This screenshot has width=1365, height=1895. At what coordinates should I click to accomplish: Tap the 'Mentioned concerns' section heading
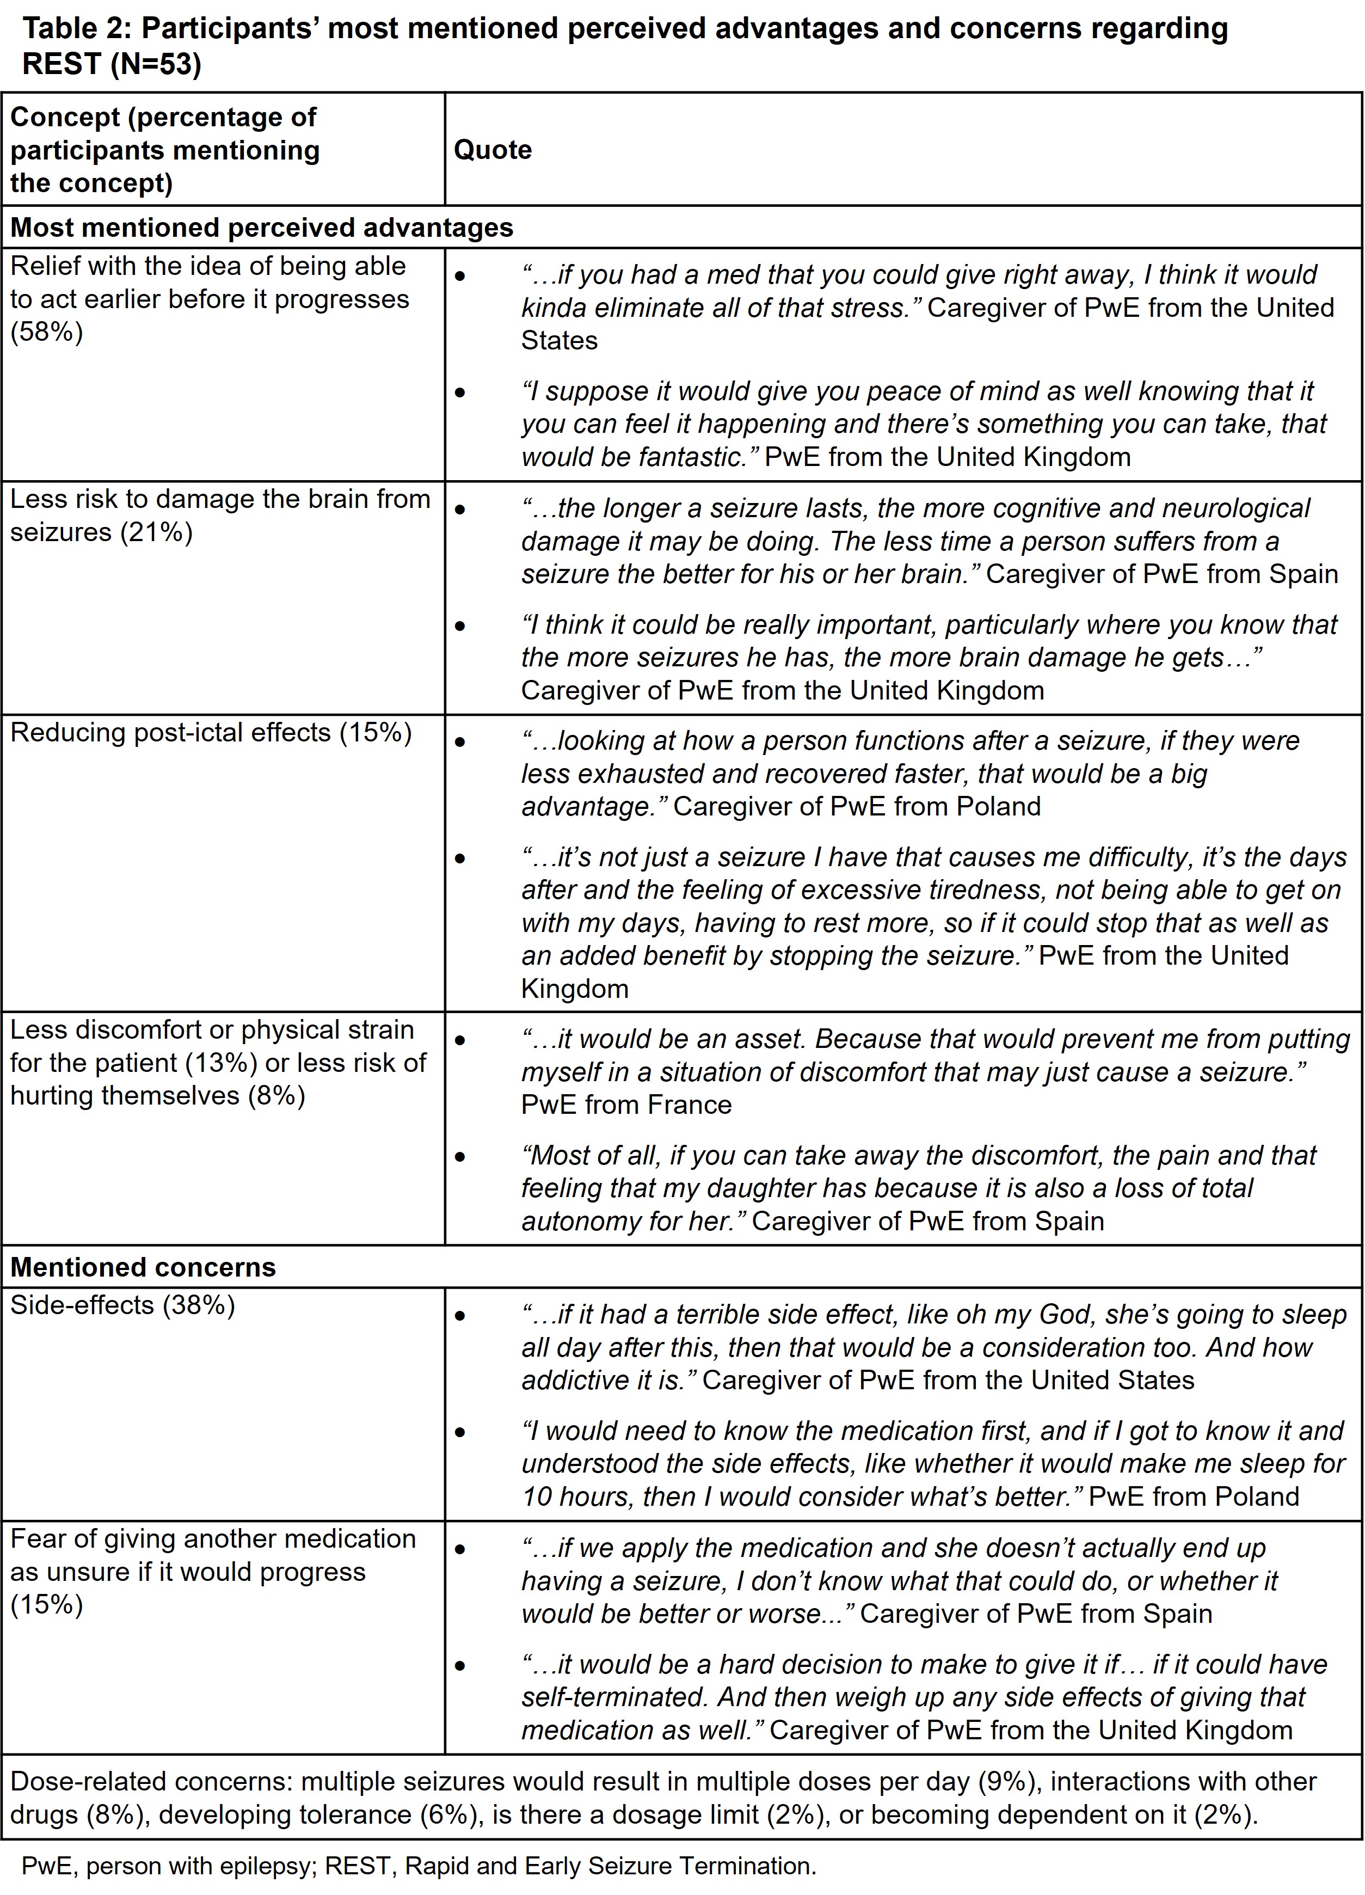tap(143, 1267)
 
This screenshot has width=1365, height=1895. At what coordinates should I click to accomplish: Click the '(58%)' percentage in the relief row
tap(47, 333)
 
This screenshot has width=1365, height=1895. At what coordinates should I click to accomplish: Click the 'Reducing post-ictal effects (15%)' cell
tap(211, 732)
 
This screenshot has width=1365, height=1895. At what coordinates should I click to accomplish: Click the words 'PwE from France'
tap(626, 1105)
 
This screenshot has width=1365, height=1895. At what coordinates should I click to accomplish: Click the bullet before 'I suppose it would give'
tap(460, 392)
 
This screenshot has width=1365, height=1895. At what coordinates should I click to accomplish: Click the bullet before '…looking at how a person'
tap(460, 741)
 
